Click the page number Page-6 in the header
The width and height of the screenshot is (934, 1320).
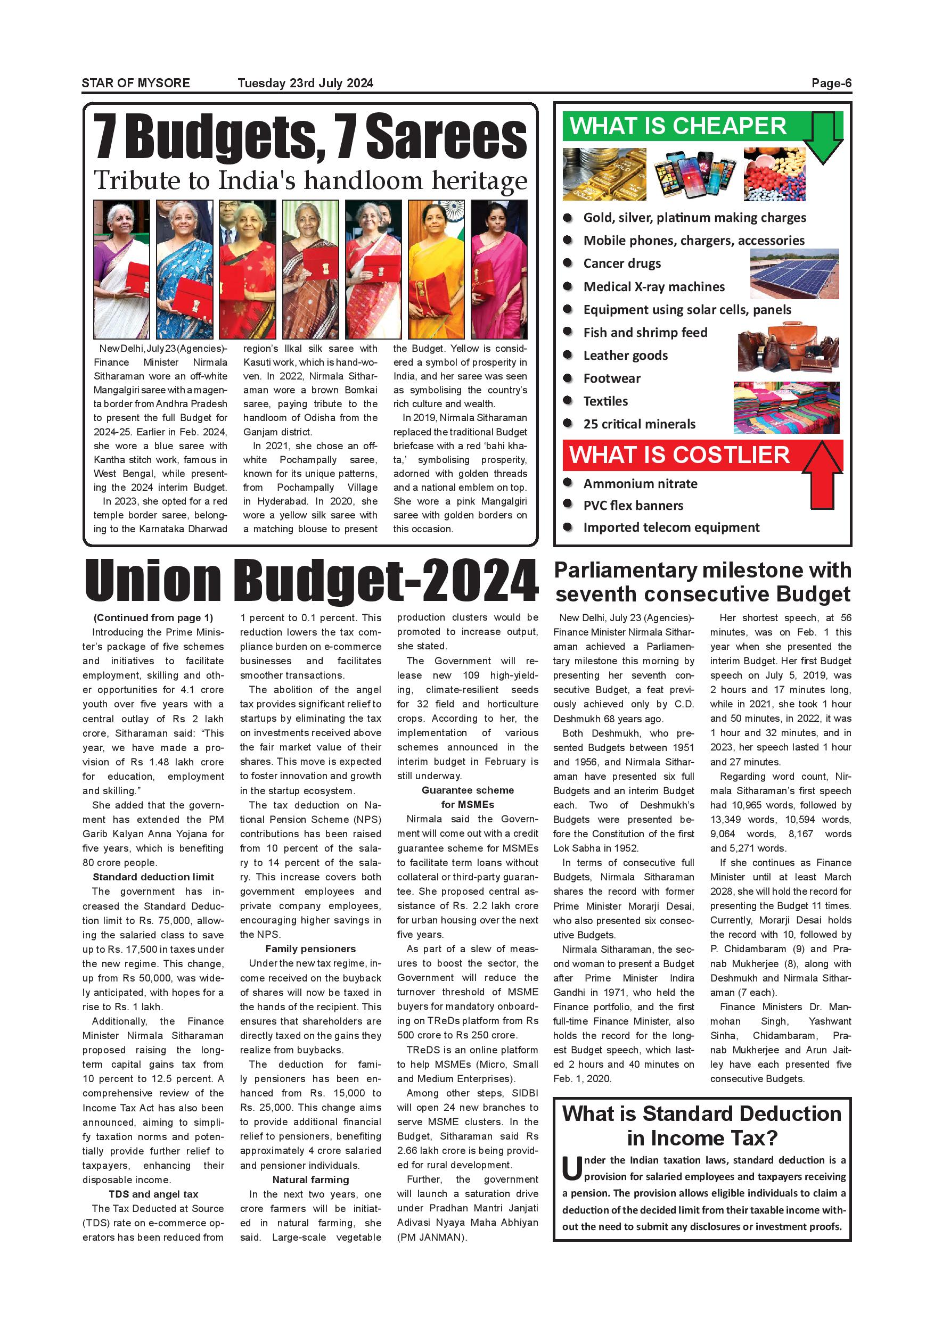(x=831, y=84)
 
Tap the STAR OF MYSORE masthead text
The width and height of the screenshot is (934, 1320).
(x=136, y=84)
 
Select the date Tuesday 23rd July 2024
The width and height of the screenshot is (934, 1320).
(x=306, y=84)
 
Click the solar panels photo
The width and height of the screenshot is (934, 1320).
(x=794, y=274)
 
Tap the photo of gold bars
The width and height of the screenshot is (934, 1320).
(x=604, y=174)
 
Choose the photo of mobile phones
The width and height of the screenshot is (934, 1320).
(x=695, y=174)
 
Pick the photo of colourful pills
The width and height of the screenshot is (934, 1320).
(x=774, y=174)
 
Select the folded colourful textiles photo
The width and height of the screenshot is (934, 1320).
(x=786, y=408)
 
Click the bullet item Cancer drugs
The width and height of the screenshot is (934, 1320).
(x=622, y=264)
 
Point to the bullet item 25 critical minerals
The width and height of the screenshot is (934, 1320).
(x=639, y=424)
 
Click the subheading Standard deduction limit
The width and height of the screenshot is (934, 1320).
(x=153, y=877)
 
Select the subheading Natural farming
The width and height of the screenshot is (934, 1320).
(x=310, y=1179)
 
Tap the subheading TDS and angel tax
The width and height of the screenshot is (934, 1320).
(x=153, y=1194)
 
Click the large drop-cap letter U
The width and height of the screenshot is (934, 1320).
(x=572, y=1168)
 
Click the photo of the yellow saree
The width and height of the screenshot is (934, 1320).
(x=436, y=269)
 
